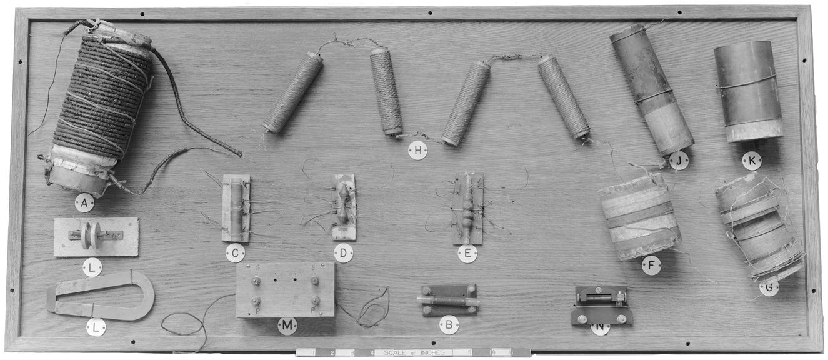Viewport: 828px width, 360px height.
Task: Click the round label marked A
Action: point(84,202)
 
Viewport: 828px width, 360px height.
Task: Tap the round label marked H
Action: point(417,150)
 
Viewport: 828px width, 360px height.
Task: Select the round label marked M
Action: point(287,326)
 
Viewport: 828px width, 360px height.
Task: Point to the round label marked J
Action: point(679,161)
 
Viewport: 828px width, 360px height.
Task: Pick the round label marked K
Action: point(752,161)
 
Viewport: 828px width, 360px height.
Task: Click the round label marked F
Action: point(651,265)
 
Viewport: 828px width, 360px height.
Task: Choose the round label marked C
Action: point(235,253)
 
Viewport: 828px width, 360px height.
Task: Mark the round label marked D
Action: point(343,253)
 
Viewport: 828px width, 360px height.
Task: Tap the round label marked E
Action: point(467,253)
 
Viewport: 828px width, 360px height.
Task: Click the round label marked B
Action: point(449,324)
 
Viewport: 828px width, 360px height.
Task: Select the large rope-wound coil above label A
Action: point(100,106)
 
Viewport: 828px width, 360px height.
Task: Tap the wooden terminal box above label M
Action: point(285,289)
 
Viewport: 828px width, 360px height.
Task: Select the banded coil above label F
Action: point(639,216)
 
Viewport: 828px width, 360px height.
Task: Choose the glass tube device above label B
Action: point(449,301)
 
